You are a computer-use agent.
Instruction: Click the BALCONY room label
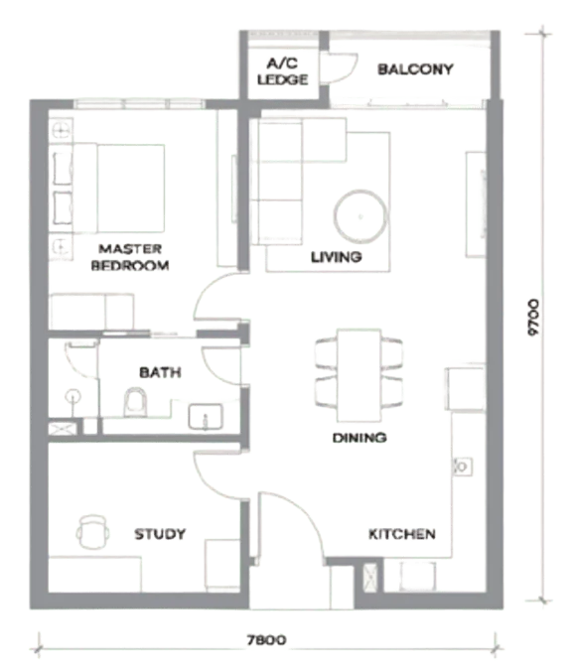[x=415, y=69]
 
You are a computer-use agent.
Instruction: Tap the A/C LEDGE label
[x=283, y=71]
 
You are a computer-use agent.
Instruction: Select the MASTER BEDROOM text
[x=130, y=257]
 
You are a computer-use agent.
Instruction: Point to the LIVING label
[x=337, y=257]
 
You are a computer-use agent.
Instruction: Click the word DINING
[x=359, y=438]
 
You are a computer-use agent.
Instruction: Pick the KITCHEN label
[x=402, y=534]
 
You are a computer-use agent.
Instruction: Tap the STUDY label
[x=160, y=534]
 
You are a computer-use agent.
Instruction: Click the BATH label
[x=160, y=372]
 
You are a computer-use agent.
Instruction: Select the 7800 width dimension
[x=266, y=640]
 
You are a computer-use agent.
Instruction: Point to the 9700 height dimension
[x=533, y=317]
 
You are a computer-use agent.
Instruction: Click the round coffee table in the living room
[x=360, y=216]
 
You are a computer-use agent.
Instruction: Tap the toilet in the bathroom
[x=135, y=402]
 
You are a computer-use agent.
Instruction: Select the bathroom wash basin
[x=206, y=417]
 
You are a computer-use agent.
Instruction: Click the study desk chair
[x=92, y=531]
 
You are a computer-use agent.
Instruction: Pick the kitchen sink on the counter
[x=462, y=467]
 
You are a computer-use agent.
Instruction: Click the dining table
[x=358, y=375]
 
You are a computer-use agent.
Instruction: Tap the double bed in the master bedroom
[x=118, y=189]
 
